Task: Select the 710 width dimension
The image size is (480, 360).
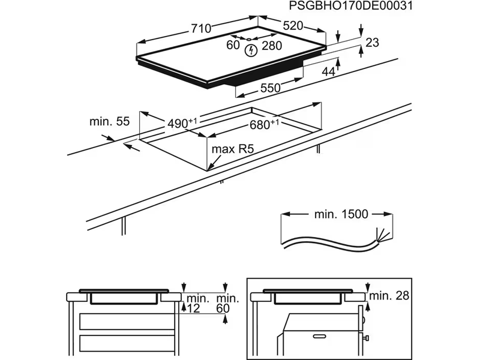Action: (200, 28)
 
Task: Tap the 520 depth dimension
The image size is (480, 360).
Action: (292, 26)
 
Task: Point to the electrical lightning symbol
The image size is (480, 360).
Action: (250, 50)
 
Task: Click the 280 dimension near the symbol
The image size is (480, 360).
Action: (272, 46)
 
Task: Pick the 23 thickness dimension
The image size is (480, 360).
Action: (373, 43)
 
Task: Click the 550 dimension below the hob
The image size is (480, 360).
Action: (270, 88)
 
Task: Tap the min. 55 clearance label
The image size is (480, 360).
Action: (109, 122)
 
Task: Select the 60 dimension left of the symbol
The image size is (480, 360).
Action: (233, 46)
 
